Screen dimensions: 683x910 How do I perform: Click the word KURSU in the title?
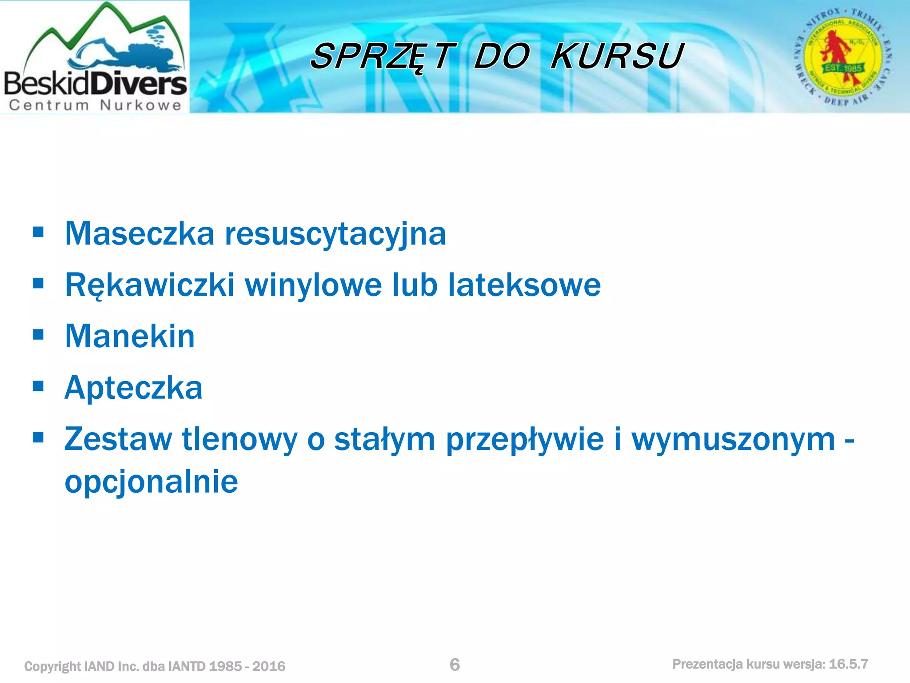[x=617, y=56]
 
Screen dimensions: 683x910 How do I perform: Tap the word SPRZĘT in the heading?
[x=383, y=56]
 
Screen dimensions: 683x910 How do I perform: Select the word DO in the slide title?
[x=502, y=56]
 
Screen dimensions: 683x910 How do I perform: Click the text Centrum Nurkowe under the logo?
[x=95, y=105]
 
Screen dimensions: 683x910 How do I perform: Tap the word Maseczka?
[x=140, y=233]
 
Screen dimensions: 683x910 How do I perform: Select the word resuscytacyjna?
[x=335, y=234]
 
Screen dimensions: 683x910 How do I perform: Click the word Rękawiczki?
[x=149, y=285]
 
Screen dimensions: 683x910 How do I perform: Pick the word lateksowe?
[x=524, y=285]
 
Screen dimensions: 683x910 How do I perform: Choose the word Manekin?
[x=130, y=336]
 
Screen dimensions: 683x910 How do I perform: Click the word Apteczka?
[x=133, y=388]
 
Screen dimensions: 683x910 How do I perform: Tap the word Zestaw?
[x=118, y=439]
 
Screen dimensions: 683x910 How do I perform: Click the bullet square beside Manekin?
[x=38, y=334]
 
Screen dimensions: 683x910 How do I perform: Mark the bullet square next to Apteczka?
[x=38, y=386]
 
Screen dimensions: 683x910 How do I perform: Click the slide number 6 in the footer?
[x=455, y=665]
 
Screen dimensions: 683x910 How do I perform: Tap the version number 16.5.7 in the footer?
[x=848, y=664]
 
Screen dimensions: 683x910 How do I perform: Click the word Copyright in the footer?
[x=52, y=666]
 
